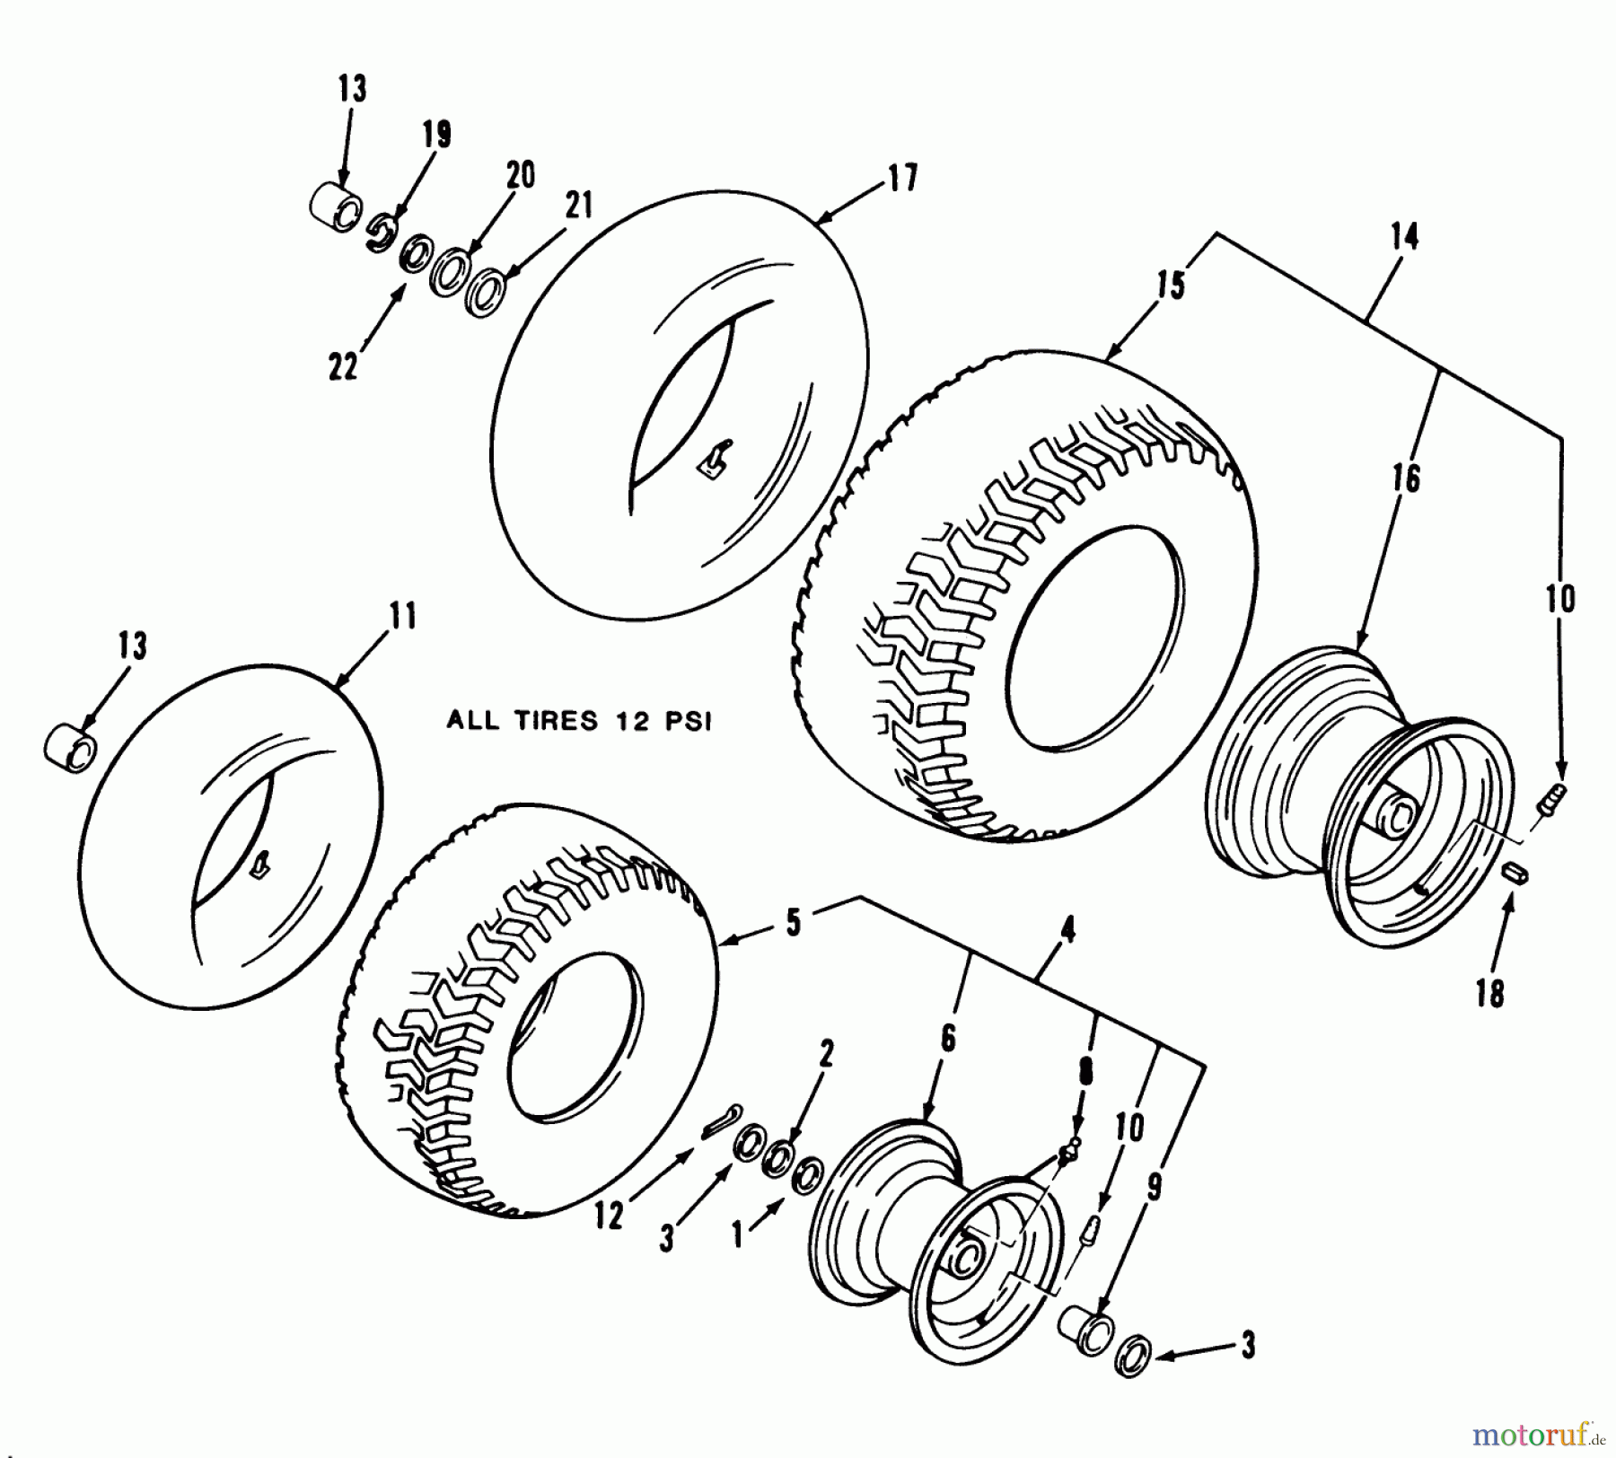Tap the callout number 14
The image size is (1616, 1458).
(x=1404, y=238)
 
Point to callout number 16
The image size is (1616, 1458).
(x=1408, y=479)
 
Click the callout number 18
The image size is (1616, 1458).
(x=1489, y=994)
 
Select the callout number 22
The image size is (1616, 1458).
(x=343, y=365)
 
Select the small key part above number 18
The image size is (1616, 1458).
(x=1517, y=872)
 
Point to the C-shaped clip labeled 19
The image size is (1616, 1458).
(x=380, y=233)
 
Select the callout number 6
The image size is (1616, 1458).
(x=948, y=1039)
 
